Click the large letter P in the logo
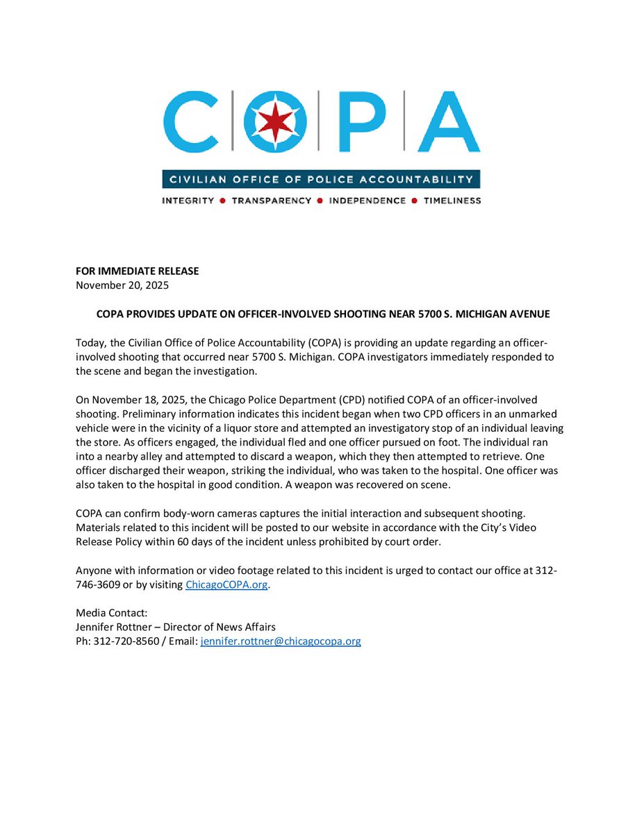[357, 123]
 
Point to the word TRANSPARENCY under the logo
[272, 201]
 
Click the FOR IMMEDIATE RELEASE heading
[137, 271]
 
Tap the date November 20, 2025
[122, 285]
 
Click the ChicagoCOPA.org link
[226, 584]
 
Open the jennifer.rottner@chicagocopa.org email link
[281, 641]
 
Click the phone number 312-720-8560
[126, 641]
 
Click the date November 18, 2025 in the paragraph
[138, 399]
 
